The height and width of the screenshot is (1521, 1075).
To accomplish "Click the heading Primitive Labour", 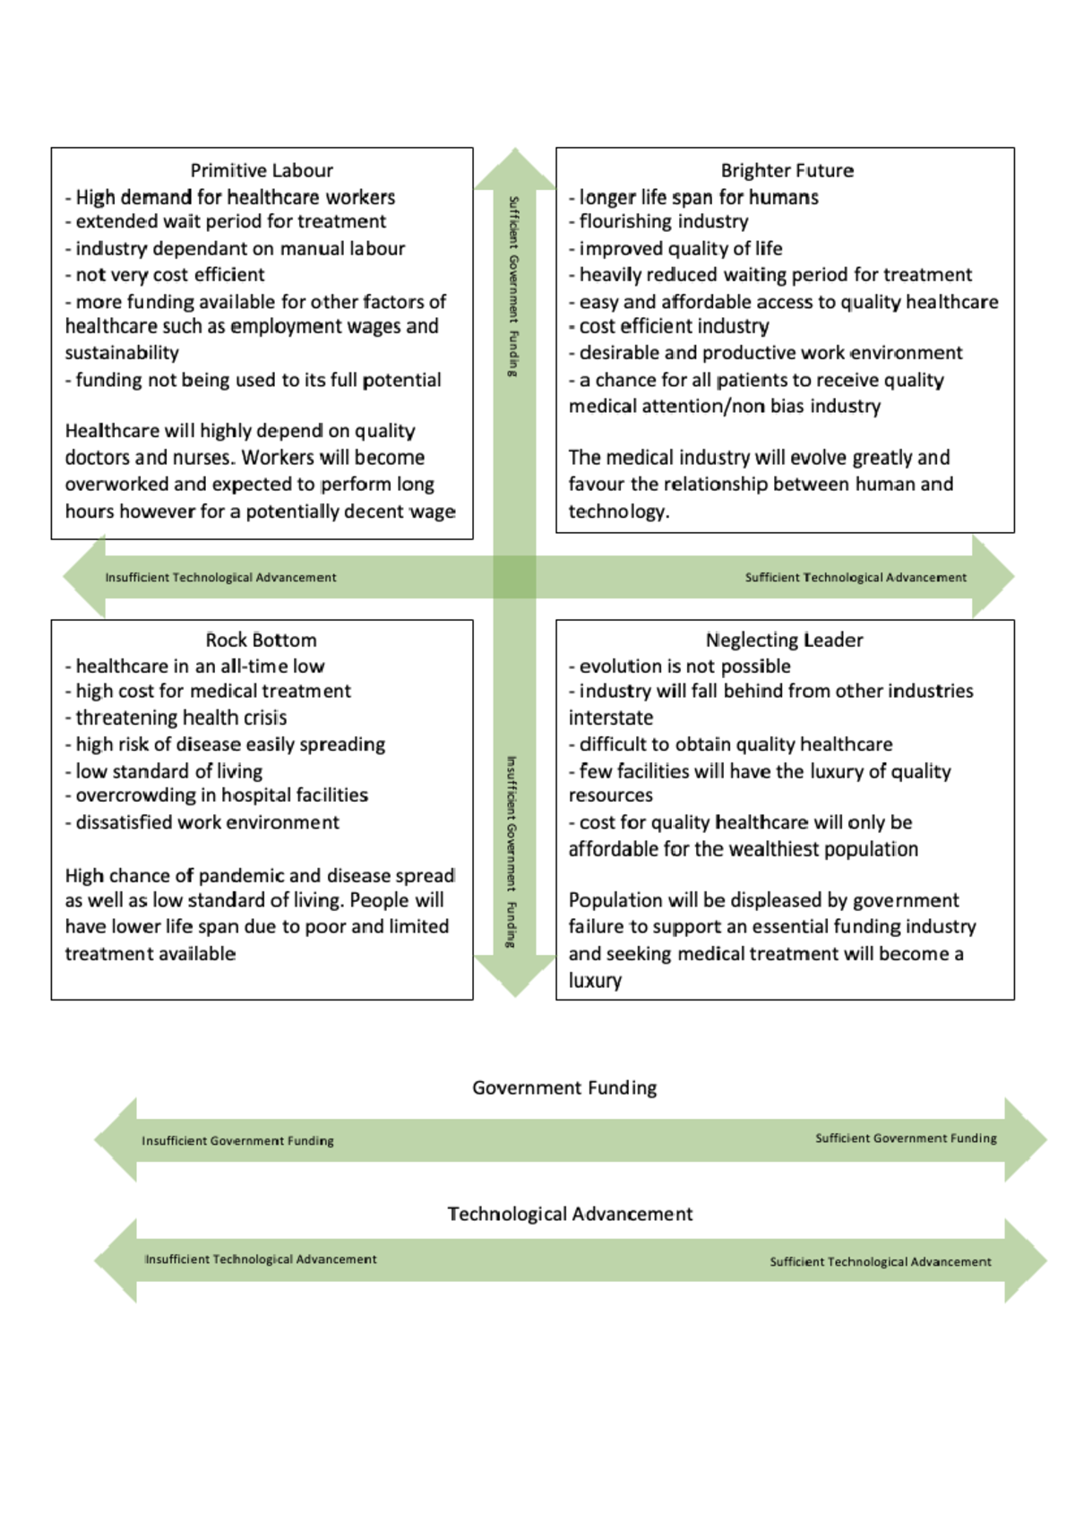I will point(261,170).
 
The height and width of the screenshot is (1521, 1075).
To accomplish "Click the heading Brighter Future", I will point(787,170).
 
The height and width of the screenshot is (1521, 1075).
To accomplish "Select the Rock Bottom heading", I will point(261,640).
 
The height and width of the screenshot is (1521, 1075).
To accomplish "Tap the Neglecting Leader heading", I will point(784,640).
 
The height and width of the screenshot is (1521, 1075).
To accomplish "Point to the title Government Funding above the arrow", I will point(564,1087).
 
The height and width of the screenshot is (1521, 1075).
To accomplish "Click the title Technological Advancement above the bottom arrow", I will point(570,1214).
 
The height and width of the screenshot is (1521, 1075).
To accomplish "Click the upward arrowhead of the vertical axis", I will point(514,168).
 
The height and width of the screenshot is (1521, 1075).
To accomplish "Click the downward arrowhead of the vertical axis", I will point(514,976).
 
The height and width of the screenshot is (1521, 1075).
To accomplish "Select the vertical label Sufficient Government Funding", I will point(513,286).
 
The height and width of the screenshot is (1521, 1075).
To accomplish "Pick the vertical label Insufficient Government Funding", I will point(512,851).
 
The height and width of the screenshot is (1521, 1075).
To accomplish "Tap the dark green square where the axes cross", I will point(514,577).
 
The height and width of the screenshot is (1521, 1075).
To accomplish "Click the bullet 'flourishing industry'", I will point(663,221).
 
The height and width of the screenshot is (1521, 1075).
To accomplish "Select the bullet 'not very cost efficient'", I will point(169,274).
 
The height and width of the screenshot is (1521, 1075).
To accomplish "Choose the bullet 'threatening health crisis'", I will point(181,718).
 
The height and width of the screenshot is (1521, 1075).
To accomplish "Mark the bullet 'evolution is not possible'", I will point(684,666).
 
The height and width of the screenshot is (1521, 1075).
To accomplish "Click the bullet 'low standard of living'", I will point(168,771).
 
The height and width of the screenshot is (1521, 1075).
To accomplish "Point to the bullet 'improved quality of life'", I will point(680,248).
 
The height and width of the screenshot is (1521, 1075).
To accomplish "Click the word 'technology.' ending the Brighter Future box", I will point(619,511).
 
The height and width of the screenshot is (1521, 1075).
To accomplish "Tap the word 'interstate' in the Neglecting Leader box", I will point(611,718).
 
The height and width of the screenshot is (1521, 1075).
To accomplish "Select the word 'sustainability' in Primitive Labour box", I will point(122,353).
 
